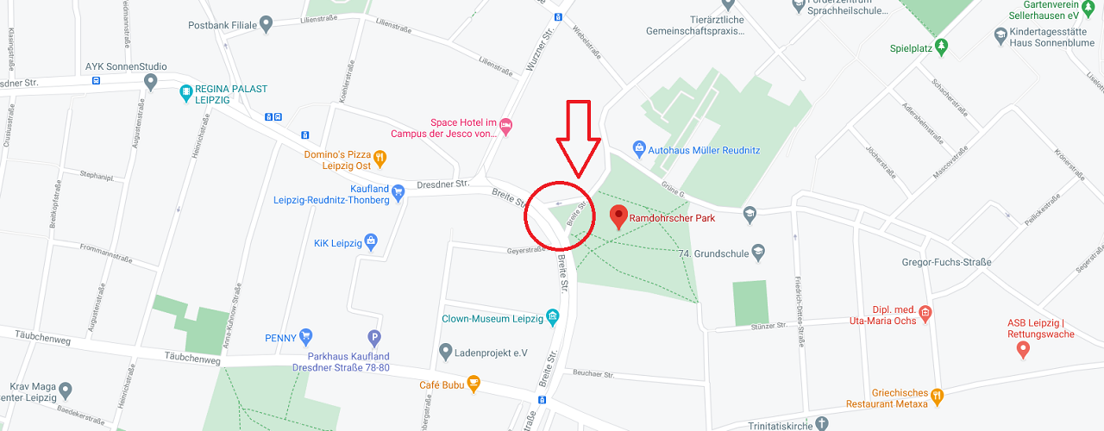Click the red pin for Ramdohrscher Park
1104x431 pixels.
click(x=618, y=216)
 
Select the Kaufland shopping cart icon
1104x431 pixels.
click(x=398, y=192)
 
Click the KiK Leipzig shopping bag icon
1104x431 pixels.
click(x=371, y=240)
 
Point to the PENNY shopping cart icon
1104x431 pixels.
click(x=305, y=337)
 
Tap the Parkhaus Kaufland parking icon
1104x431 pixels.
click(x=374, y=338)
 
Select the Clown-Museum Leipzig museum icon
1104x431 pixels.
click(x=552, y=318)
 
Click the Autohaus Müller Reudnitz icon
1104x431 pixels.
click(x=639, y=148)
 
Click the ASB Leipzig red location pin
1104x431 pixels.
click(x=1023, y=349)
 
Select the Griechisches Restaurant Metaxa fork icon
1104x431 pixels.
click(x=938, y=397)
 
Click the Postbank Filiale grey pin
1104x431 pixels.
click(x=267, y=24)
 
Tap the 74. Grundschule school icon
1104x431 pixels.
click(x=758, y=253)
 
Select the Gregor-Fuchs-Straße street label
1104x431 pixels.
click(x=946, y=262)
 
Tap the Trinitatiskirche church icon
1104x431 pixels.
click(x=821, y=423)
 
